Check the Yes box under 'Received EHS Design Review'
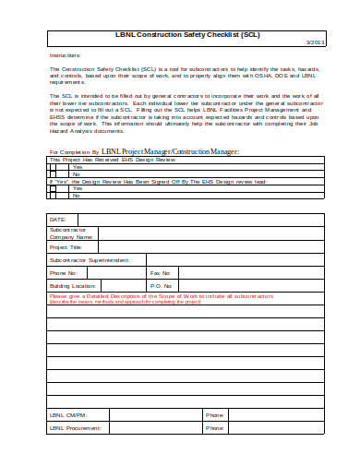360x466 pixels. pyautogui.click(x=54, y=166)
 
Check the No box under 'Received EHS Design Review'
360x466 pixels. pyautogui.click(x=54, y=173)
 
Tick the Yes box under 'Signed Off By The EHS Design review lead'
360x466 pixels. pyautogui.click(x=54, y=187)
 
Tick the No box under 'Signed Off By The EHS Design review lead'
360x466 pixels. pyautogui.click(x=54, y=195)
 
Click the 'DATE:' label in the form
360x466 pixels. pyautogui.click(x=58, y=220)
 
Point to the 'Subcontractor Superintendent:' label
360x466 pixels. pyautogui.click(x=89, y=260)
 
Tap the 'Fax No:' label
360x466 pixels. pyautogui.click(x=161, y=273)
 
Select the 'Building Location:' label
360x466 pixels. pyautogui.click(x=72, y=286)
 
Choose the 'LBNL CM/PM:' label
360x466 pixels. pyautogui.click(x=68, y=415)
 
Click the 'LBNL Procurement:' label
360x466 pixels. pyautogui.click(x=76, y=428)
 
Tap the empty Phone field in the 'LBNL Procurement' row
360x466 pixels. pyautogui.click(x=276, y=428)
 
